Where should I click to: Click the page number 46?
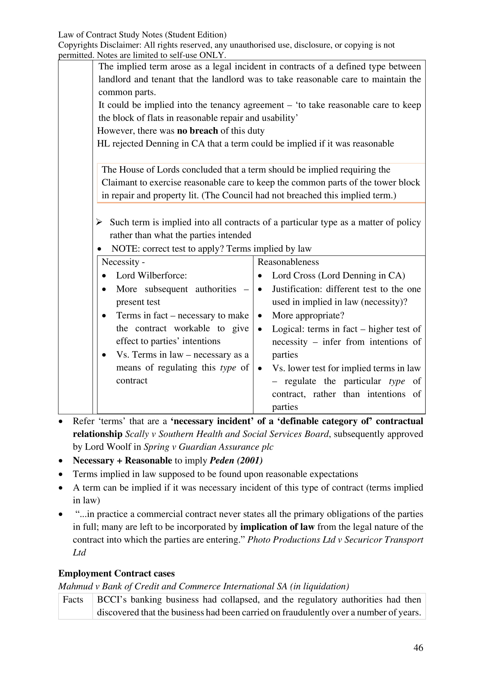[x=418, y=648]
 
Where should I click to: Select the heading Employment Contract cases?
[x=116, y=573]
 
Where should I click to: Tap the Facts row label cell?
[x=73, y=599]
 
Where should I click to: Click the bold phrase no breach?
[x=197, y=131]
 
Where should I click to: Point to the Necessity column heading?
[x=123, y=262]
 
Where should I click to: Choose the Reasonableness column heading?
[x=288, y=262]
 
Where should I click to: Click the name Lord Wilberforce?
[x=151, y=276]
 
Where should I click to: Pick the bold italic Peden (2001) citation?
[x=236, y=460]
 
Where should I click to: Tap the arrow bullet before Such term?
[x=99, y=222]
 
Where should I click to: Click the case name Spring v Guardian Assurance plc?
[x=208, y=447]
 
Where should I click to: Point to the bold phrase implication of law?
[x=277, y=527]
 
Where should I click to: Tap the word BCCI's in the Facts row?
[x=112, y=599]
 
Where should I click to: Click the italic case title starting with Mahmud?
[x=203, y=586]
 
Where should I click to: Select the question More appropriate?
[x=308, y=315]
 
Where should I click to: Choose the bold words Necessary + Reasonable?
[x=122, y=460]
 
